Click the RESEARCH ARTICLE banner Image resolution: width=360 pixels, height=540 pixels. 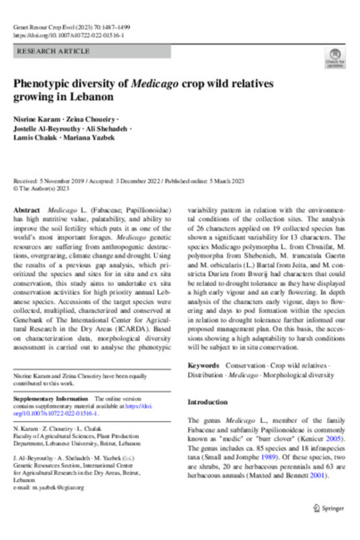(92, 52)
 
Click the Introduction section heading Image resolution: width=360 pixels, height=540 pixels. (208, 402)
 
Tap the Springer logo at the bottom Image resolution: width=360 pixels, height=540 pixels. (328, 508)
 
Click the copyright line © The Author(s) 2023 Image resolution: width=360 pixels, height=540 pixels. (42, 187)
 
